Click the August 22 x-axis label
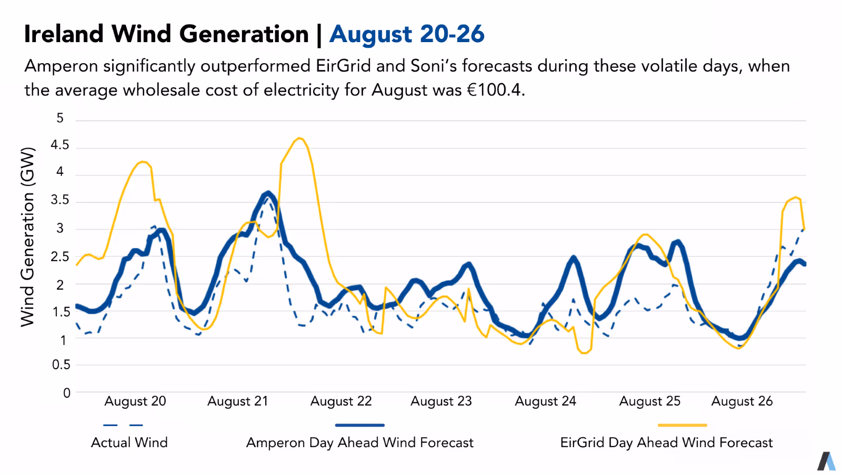(341, 401)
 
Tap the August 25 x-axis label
(649, 401)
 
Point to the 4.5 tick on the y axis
(60, 145)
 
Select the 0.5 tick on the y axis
(61, 364)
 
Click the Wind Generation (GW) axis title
(27, 236)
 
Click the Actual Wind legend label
(129, 442)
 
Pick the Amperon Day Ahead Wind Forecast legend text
(360, 442)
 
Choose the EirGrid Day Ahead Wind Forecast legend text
(666, 442)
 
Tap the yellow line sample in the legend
(682, 425)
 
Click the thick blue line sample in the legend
(360, 425)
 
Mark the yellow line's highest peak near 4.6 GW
(299, 139)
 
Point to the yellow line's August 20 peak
(143, 162)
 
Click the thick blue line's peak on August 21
(268, 193)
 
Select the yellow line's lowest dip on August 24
(583, 353)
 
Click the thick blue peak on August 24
(574, 258)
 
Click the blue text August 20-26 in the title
(407, 34)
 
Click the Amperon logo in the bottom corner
(826, 461)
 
